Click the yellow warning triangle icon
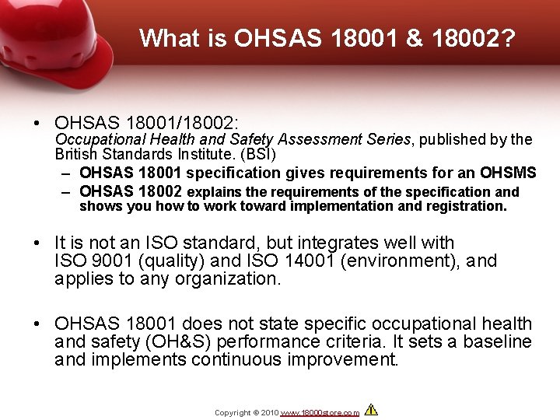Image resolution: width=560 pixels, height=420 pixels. pos(371,410)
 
